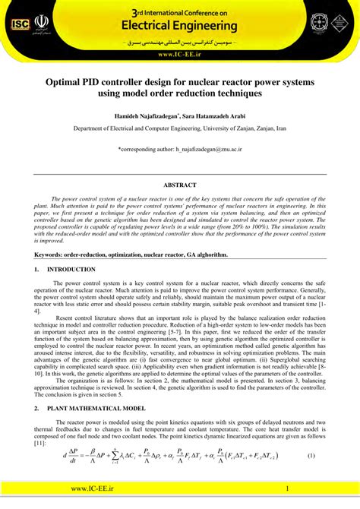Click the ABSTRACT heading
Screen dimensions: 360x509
pyautogui.click(x=179, y=185)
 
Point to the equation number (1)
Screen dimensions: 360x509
pyautogui.click(x=311, y=455)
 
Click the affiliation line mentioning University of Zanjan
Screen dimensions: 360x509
pyautogui.click(x=179, y=129)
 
